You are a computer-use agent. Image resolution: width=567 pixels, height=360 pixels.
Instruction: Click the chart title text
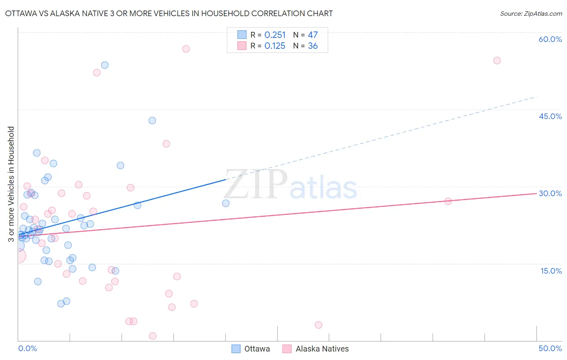tap(169, 13)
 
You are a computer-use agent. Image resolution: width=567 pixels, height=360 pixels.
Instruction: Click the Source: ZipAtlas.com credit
tap(531, 14)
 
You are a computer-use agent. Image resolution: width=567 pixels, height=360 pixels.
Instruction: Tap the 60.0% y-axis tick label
tap(550, 39)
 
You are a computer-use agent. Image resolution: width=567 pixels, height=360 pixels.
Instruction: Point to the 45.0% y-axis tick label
tap(550, 116)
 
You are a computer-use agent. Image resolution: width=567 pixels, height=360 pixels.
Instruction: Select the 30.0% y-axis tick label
tap(550, 193)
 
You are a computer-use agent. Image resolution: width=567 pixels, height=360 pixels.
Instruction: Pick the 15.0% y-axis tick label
tap(551, 271)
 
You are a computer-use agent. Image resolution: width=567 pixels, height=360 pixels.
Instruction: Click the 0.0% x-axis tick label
tap(27, 348)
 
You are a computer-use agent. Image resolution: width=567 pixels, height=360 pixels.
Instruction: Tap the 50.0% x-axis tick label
tap(550, 348)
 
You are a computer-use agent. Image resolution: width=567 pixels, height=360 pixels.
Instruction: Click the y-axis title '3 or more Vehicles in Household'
tap(11, 184)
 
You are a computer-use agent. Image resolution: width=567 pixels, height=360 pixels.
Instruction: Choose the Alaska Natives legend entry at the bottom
tap(315, 349)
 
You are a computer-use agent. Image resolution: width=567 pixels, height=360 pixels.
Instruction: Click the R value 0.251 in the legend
tap(275, 35)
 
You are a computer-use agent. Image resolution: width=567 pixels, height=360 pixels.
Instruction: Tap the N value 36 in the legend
tap(313, 46)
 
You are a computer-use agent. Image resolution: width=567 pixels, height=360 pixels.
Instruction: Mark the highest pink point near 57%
tap(186, 49)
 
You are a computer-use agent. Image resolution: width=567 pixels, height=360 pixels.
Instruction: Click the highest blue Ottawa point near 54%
tap(105, 65)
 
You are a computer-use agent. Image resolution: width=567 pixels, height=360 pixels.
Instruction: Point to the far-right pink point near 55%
tap(497, 61)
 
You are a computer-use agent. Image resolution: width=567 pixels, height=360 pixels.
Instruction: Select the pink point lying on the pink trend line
tap(448, 201)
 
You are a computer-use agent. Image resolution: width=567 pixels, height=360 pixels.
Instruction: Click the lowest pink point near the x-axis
tap(153, 336)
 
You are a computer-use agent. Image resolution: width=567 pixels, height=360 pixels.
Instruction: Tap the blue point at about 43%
tap(152, 120)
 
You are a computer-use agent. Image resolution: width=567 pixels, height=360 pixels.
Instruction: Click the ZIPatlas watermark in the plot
tap(290, 185)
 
